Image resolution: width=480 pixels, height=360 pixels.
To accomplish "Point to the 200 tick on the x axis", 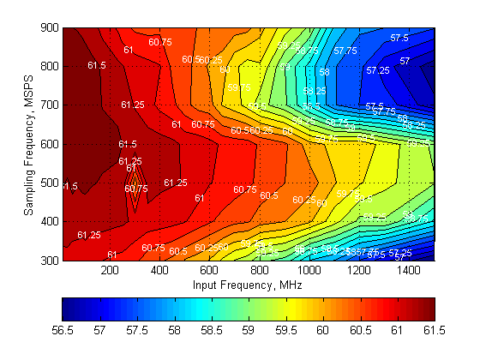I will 110,270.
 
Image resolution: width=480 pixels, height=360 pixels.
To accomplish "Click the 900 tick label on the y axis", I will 51,27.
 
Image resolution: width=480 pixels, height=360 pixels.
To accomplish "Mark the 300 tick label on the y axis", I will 51,260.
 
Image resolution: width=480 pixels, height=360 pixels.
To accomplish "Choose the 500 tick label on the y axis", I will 51,183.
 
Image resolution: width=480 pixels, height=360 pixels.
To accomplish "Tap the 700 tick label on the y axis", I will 51,105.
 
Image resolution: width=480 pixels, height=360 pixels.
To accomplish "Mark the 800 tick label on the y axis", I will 51,66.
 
